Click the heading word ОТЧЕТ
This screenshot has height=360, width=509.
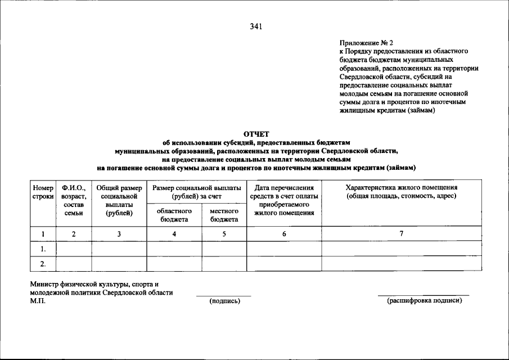point(256,134)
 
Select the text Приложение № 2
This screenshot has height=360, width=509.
point(366,43)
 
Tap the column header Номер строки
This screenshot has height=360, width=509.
point(43,192)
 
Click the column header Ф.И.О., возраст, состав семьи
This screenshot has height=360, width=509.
point(74,200)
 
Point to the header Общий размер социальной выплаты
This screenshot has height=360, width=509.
point(119,200)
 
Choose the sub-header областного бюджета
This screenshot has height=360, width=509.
point(174,215)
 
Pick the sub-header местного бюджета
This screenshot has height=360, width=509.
point(224,215)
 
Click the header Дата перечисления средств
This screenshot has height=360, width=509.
point(284,200)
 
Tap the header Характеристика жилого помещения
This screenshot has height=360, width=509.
point(402,192)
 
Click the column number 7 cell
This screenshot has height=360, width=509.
point(402,234)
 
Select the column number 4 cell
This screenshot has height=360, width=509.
point(174,234)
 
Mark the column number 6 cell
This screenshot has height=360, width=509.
point(284,234)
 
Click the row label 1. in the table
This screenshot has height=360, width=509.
point(43,249)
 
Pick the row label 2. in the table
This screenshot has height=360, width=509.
point(43,264)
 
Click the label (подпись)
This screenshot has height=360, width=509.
point(224,301)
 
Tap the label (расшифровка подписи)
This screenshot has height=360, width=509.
point(424,301)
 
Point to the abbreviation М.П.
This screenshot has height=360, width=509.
point(38,301)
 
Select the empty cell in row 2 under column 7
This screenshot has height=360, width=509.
point(402,264)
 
